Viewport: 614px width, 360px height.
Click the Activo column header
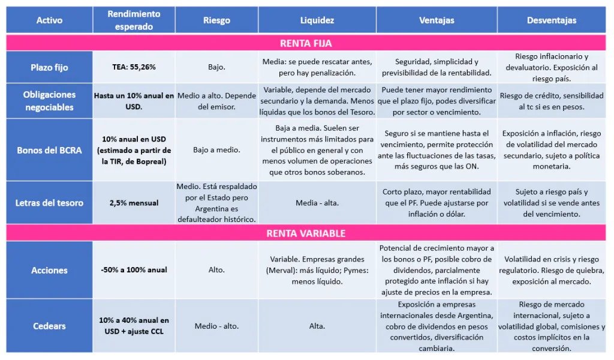[49, 20]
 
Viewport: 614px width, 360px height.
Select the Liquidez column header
[317, 20]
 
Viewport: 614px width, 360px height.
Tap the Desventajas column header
[551, 20]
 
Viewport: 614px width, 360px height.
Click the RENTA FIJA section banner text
[305, 43]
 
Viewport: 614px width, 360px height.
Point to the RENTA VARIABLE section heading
[305, 233]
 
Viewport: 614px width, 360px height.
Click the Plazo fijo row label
[49, 67]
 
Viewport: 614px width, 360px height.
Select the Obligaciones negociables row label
[49, 101]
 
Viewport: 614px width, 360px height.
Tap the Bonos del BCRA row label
[49, 150]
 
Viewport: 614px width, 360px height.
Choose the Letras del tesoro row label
[49, 203]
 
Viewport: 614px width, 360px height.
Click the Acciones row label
[49, 270]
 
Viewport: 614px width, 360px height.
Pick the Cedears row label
[49, 326]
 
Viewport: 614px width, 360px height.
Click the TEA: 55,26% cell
[134, 67]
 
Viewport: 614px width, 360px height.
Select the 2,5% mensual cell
[134, 203]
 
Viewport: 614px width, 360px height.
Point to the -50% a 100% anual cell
[134, 270]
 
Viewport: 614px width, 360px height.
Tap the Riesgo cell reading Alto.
[216, 270]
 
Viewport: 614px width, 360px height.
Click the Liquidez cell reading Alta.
[317, 326]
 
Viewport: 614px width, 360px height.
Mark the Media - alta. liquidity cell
[317, 203]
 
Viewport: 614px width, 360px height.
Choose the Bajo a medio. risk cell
[216, 150]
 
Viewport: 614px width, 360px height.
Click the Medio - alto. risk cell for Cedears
[216, 326]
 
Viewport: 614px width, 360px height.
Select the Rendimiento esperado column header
[134, 20]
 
